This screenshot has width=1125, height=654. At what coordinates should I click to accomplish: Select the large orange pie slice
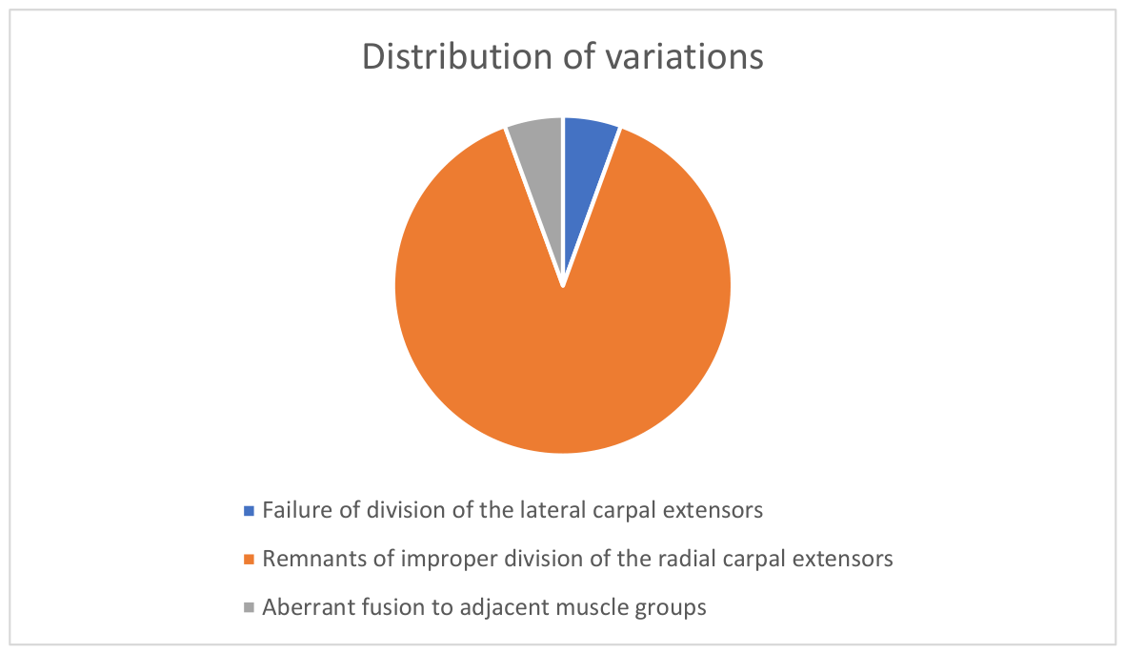562,323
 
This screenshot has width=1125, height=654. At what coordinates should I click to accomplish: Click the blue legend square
249,511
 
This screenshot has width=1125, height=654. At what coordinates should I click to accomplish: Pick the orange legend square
249,560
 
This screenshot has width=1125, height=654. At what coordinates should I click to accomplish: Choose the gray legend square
249,607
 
